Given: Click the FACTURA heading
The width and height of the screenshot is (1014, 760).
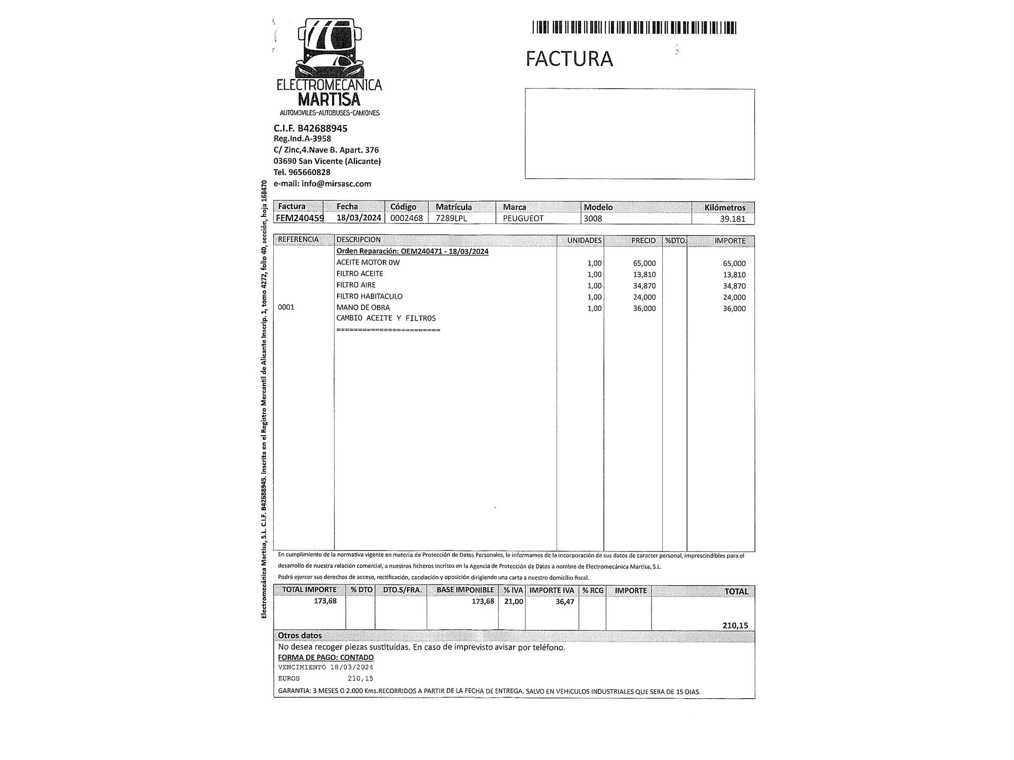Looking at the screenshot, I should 569,59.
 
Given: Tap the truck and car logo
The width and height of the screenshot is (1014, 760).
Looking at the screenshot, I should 330,48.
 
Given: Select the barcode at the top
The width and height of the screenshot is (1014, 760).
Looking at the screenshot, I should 634,27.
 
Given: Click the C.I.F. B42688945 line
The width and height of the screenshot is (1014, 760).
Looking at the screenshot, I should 310,128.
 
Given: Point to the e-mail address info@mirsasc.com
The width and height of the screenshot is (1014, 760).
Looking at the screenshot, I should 322,183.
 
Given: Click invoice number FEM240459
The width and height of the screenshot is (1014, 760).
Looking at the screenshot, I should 300,218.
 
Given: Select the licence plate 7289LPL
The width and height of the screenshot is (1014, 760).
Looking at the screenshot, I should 451,218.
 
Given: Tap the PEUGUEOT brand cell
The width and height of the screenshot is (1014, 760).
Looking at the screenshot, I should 523,218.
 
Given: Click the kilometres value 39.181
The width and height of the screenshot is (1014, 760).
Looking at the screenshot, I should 733,219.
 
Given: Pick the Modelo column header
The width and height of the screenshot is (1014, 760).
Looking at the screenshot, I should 598,207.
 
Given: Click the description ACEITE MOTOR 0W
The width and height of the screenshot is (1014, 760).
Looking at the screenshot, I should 368,262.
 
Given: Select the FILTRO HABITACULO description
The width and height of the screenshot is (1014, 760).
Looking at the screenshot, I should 370,296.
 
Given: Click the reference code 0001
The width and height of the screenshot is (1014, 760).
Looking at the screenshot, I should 286,307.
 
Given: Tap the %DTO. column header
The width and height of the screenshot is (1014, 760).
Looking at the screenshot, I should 675,241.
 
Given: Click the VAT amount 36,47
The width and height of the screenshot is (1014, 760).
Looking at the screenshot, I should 564,601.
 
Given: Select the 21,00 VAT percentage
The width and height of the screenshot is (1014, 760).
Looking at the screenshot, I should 513,601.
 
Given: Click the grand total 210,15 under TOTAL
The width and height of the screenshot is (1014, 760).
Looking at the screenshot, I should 735,625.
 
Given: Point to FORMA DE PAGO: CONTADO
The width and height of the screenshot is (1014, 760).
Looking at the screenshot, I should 326,657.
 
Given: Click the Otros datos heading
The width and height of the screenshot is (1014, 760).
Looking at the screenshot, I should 300,635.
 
